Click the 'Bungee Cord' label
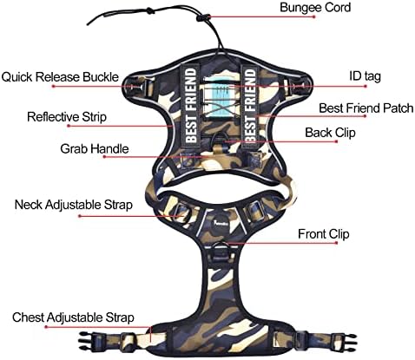pos(315,7)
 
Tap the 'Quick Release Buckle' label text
pos(60,77)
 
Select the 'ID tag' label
pos(365,76)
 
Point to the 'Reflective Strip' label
pos(67,117)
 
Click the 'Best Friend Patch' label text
pos(366,108)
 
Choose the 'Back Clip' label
pos(330,133)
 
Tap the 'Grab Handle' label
pos(95,148)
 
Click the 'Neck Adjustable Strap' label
pos(74,205)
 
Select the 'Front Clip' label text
pos(324,234)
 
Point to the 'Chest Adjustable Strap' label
pos(73,317)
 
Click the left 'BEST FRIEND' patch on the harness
pos(191,105)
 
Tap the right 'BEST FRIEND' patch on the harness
pos(251,105)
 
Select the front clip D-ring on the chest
pos(222,246)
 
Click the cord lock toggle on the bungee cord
pos(203,18)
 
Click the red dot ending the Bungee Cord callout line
pos(314,16)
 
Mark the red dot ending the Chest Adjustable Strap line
pos(46,327)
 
